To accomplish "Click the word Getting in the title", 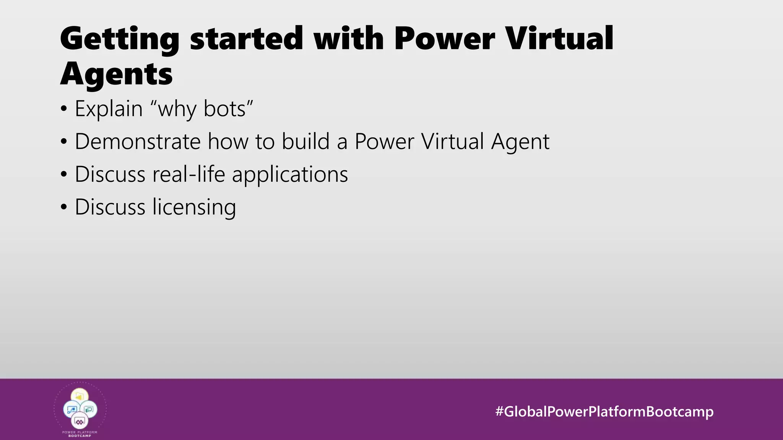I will click(119, 39).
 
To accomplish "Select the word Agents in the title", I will click(116, 74).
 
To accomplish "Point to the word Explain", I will click(109, 109).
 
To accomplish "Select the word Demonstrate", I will click(138, 141).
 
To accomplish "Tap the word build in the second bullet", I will click(305, 141).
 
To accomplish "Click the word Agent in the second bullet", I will click(520, 142).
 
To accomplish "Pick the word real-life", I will click(188, 174).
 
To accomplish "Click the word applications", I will click(290, 175).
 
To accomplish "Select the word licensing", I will click(194, 207).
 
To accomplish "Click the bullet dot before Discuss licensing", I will click(64, 207).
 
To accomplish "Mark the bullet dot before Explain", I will click(64, 109).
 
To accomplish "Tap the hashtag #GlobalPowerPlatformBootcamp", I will click(604, 411).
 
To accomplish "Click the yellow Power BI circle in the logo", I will click(80, 396).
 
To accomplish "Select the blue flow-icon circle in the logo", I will click(71, 409).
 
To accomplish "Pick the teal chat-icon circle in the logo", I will click(89, 409).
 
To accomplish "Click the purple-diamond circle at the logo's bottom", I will click(80, 422).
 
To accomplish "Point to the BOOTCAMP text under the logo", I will click(80, 436).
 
